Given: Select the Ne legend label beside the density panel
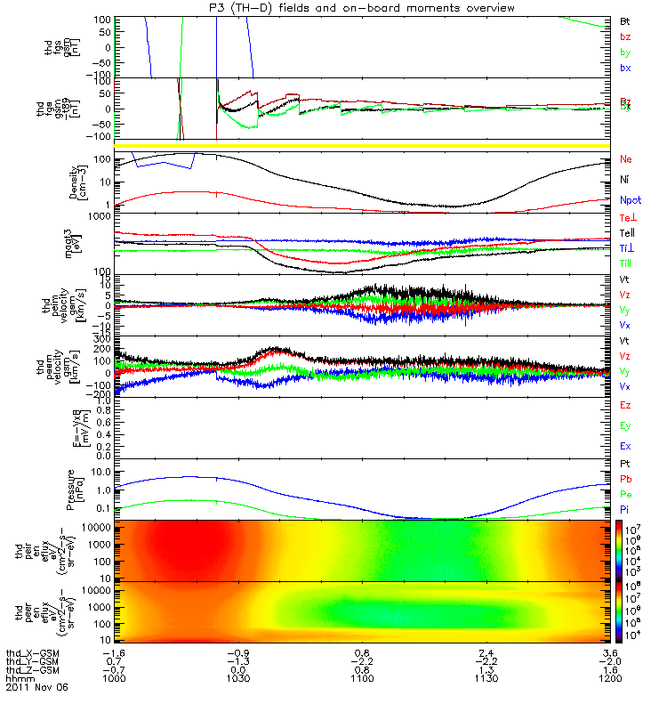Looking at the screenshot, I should pyautogui.click(x=625, y=159).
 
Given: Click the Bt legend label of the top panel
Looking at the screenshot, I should pyautogui.click(x=624, y=20).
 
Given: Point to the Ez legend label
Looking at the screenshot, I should pyautogui.click(x=624, y=405).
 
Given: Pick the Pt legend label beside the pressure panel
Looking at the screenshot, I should pyautogui.click(x=624, y=465).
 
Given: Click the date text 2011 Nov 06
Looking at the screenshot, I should pyautogui.click(x=36, y=687).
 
